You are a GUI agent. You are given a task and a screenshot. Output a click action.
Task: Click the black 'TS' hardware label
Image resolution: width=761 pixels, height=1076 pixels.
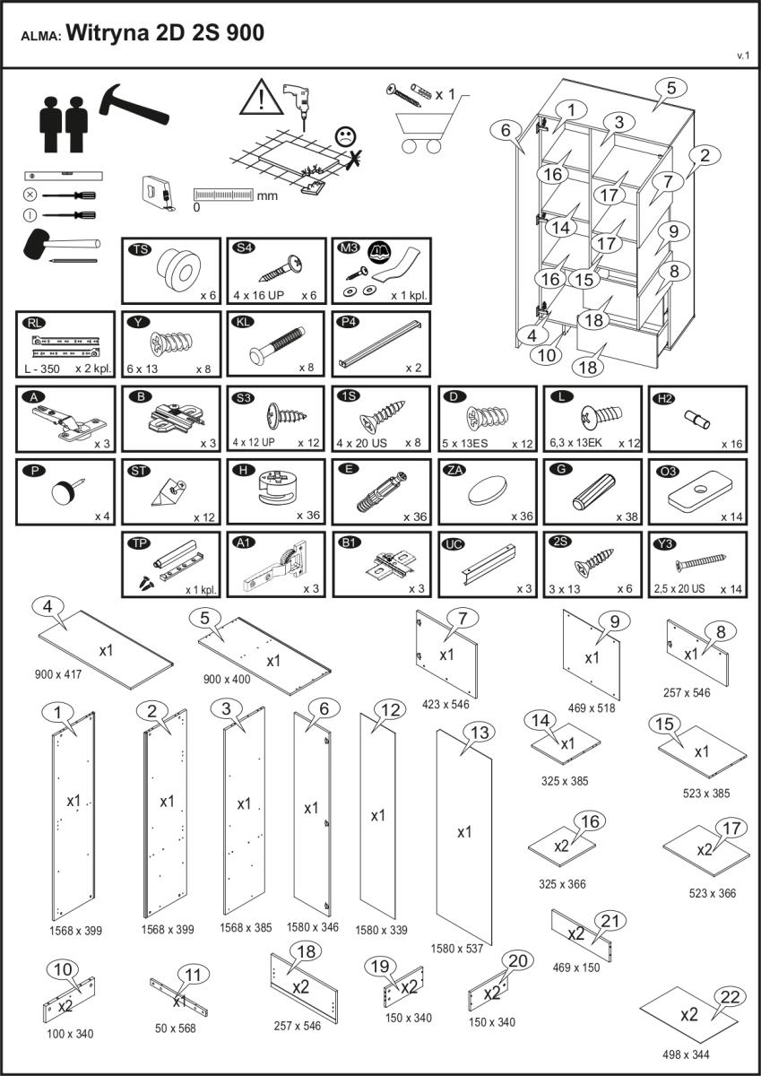tap(140, 248)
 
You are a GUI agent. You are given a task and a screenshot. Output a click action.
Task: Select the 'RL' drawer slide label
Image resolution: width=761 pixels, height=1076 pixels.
tap(34, 323)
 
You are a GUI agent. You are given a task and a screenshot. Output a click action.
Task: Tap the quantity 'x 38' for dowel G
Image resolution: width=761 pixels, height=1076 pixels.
tap(626, 517)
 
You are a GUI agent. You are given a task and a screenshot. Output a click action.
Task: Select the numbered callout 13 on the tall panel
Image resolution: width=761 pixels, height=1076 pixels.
tap(480, 733)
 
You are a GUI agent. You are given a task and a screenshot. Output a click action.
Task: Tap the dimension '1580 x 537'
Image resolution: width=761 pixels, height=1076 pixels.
tap(458, 948)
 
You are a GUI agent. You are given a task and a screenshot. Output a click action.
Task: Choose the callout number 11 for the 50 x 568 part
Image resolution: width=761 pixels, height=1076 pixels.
tap(190, 976)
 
